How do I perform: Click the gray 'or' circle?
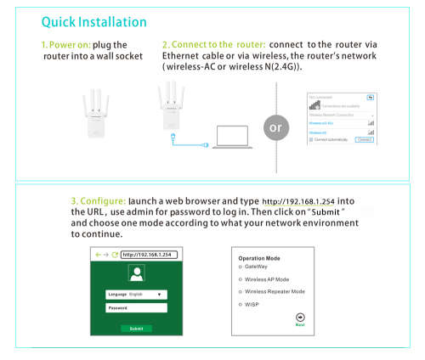coord(274,128)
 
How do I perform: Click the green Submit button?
coord(136,327)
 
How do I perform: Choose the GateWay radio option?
coord(241,266)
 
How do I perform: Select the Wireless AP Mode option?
coord(241,278)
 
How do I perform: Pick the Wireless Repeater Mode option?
coord(241,290)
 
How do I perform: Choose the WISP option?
coord(241,303)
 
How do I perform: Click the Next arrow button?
coord(300,317)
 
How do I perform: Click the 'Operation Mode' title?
coord(259,257)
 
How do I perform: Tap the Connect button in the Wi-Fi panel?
coord(365,139)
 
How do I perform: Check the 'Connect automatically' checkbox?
coord(310,139)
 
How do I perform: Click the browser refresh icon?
coord(115,254)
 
